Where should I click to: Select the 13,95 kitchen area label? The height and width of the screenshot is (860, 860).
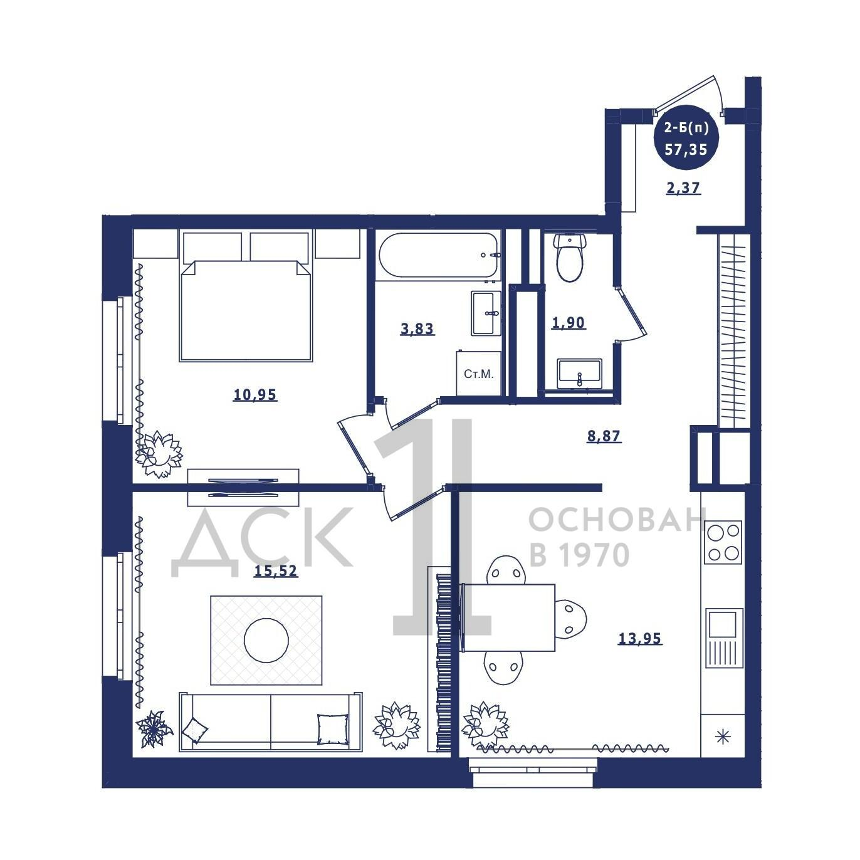point(639,638)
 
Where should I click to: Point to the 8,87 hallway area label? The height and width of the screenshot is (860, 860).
point(604,436)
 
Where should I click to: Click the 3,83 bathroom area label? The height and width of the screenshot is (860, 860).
point(417,329)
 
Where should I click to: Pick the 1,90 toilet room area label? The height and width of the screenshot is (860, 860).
point(568,322)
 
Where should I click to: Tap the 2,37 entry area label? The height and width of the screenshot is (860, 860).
point(683,188)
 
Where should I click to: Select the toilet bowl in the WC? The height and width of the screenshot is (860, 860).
point(569,258)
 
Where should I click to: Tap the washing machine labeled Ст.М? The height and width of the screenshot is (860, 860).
point(478,374)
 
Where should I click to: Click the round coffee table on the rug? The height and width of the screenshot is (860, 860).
point(266,640)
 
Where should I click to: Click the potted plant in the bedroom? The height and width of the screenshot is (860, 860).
point(159,454)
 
